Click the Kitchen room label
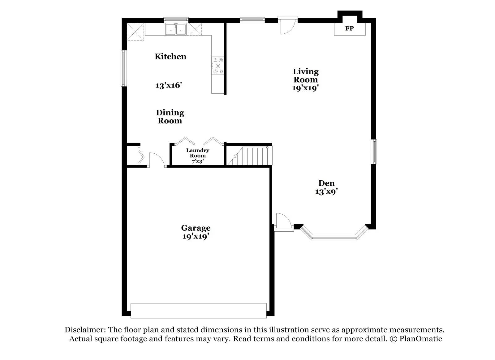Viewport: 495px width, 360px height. [170, 57]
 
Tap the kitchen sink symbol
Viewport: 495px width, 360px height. [176, 30]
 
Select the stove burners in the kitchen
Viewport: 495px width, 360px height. [218, 66]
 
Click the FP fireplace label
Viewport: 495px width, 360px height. [349, 29]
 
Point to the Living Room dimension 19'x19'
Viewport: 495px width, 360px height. [305, 88]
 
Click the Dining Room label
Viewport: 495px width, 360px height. [170, 117]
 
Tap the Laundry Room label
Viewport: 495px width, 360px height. [197, 153]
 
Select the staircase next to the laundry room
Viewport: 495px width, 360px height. [249, 156]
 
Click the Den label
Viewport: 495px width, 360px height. [326, 183]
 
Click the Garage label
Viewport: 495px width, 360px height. [196, 228]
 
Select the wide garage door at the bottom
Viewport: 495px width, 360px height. [198, 311]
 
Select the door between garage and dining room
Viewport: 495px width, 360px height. [157, 160]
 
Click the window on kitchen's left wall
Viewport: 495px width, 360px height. [123, 68]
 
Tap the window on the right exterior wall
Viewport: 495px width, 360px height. [374, 152]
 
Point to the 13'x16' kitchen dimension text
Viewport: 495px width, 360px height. [168, 85]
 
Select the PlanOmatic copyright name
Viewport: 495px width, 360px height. [420, 339]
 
